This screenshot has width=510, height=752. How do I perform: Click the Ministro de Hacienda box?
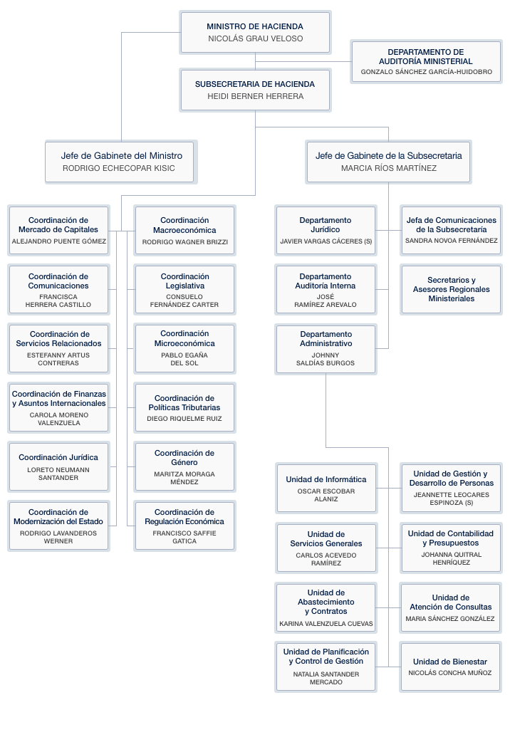coord(255,33)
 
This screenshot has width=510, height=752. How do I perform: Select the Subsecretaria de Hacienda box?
coord(255,90)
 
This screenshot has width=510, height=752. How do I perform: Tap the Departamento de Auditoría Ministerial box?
coord(426,62)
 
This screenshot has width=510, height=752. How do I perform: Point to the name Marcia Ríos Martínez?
coord(388,169)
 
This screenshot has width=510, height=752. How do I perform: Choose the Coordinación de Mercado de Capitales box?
coord(58,231)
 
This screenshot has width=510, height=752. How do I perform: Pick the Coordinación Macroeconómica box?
coord(184,231)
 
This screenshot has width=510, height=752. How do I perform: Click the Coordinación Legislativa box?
coord(184,290)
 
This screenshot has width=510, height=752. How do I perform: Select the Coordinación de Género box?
coord(184,466)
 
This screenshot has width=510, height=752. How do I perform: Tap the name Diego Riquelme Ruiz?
coord(184,419)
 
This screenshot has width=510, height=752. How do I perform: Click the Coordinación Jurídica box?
coord(58,466)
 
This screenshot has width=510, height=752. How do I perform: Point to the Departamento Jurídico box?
coord(326,231)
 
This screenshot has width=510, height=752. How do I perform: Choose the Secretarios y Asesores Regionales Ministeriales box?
coord(451,290)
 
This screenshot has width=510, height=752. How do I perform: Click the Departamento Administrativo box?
coord(326,349)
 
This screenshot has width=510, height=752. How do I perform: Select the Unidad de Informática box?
coord(326,488)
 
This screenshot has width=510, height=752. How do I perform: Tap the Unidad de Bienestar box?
coord(450,667)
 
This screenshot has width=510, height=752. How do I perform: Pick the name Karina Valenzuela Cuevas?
coord(326,625)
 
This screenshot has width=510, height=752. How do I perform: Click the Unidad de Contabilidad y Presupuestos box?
coord(450,547)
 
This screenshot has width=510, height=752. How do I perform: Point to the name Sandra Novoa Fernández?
coord(451,241)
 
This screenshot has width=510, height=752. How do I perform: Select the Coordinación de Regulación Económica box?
coord(184,526)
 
